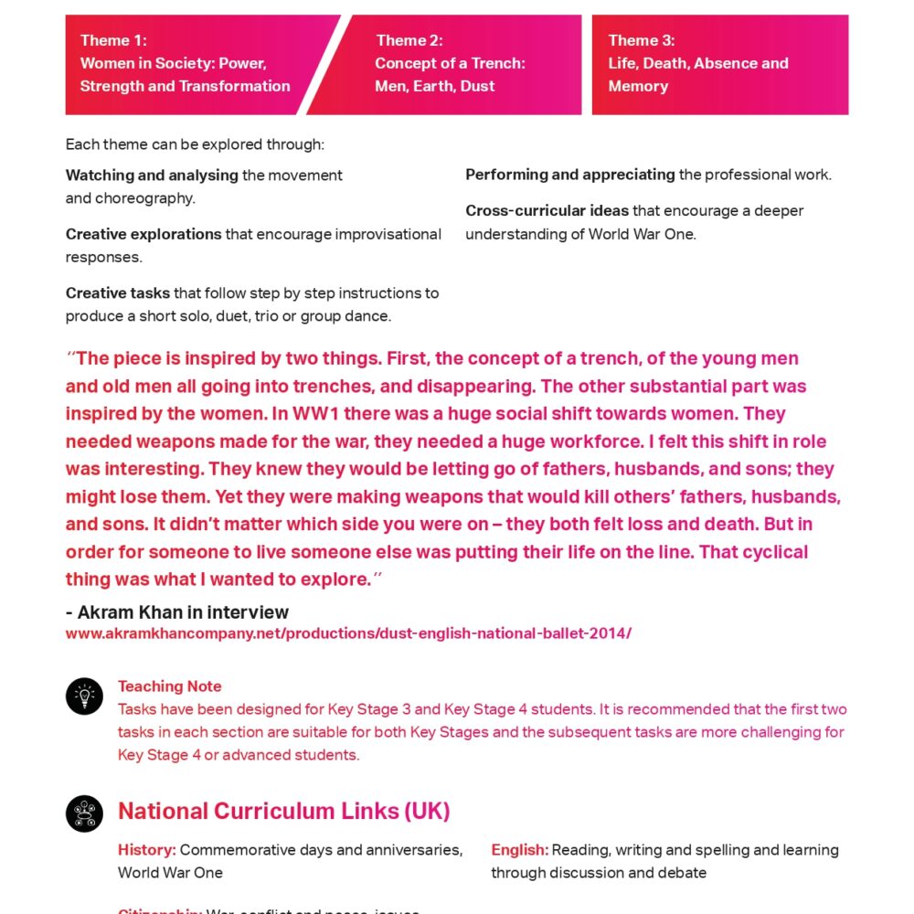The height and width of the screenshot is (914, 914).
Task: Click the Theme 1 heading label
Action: point(113,40)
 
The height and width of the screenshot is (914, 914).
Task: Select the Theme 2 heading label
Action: point(409,40)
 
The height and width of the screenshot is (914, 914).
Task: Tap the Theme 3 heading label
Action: point(642,40)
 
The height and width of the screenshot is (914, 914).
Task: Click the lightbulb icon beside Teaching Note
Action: point(84,696)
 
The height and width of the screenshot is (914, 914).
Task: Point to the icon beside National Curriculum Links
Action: point(84,813)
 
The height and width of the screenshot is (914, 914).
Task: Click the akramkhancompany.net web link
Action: point(348,633)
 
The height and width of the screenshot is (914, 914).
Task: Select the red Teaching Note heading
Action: point(169,686)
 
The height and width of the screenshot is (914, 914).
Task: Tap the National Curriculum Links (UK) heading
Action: point(283,812)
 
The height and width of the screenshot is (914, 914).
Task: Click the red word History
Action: point(145,850)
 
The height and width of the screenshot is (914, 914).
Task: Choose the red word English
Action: point(519,850)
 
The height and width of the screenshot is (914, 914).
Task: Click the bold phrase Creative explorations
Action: point(143,234)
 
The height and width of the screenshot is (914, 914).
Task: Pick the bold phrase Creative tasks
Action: point(118,293)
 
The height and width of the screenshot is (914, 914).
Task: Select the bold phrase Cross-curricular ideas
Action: point(547,211)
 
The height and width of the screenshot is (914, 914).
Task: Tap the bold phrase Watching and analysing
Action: point(152,175)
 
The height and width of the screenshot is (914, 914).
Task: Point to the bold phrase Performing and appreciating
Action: point(570,175)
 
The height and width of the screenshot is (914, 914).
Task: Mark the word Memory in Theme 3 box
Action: point(638,86)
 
